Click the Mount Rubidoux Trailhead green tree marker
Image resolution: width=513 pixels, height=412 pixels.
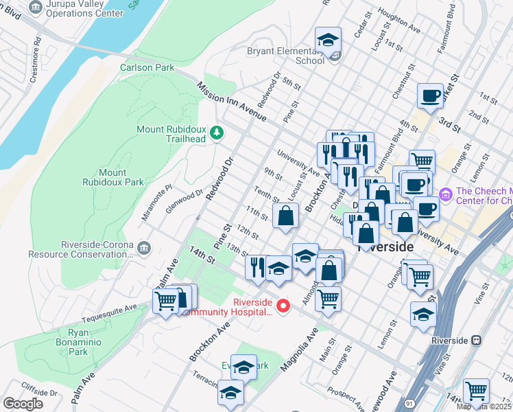217,132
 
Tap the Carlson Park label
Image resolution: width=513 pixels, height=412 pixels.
147,67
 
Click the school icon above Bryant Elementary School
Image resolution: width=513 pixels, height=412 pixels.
329,40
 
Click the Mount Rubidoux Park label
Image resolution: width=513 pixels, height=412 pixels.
112,177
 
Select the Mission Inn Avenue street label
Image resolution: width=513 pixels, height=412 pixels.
230,103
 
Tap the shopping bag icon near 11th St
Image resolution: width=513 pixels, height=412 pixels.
285,216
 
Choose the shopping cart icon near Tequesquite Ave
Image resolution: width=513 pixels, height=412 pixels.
166,301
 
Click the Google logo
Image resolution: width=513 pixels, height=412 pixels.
23,403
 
